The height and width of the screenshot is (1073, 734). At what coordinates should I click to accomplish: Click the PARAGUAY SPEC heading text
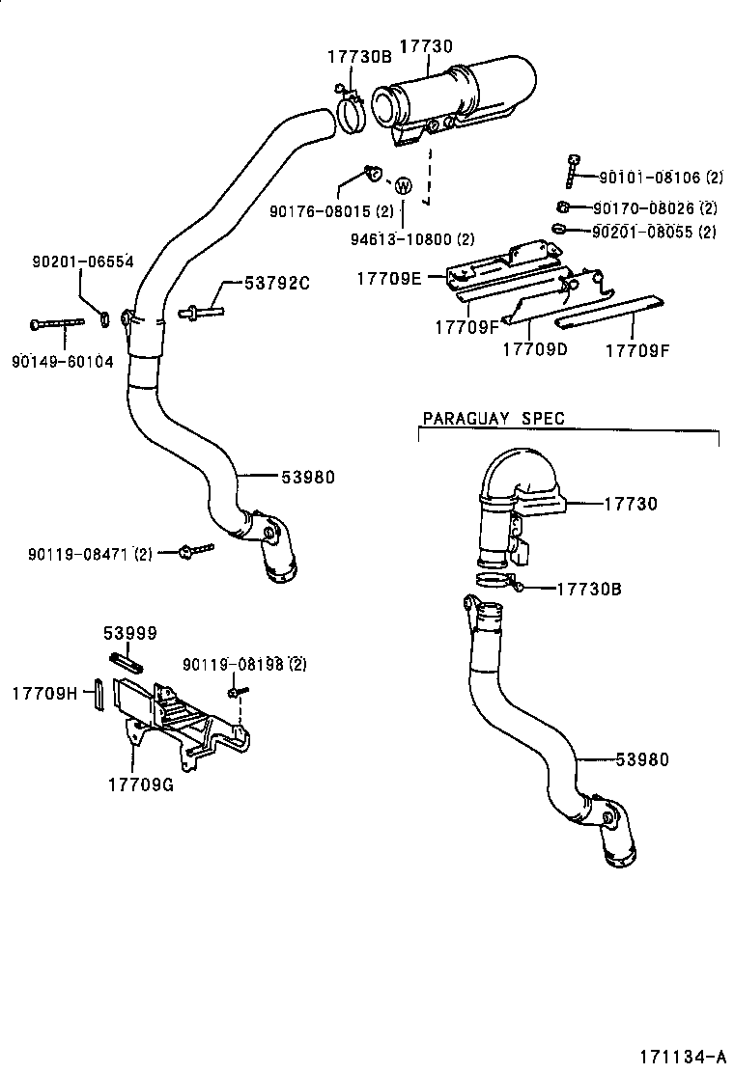pyautogui.click(x=494, y=419)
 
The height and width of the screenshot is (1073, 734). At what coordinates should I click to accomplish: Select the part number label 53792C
pyautogui.click(x=276, y=283)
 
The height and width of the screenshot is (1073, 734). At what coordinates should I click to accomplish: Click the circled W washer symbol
pyautogui.click(x=404, y=185)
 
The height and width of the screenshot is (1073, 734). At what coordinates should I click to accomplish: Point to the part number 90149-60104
pyautogui.click(x=63, y=362)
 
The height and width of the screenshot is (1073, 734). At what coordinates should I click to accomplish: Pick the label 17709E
pyautogui.click(x=389, y=279)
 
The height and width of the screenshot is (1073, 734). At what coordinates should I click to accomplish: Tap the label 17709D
pyautogui.click(x=535, y=349)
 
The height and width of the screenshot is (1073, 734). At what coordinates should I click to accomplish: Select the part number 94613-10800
pyautogui.click(x=412, y=238)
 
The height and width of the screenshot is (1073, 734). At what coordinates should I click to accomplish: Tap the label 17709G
pyautogui.click(x=140, y=784)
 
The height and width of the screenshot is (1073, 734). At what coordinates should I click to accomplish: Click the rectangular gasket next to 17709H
pyautogui.click(x=97, y=695)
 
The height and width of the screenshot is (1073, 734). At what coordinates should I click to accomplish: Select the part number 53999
pyautogui.click(x=129, y=633)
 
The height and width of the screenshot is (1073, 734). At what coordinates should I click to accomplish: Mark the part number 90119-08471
pyautogui.click(x=77, y=554)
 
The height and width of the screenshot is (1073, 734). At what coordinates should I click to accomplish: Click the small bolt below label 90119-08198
pyautogui.click(x=236, y=693)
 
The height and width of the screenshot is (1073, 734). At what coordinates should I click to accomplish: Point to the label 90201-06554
pyautogui.click(x=83, y=261)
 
